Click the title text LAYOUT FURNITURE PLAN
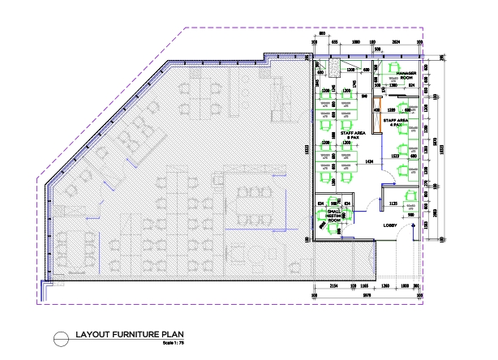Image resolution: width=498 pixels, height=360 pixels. (126, 333)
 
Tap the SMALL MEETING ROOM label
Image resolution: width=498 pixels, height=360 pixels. (333, 215)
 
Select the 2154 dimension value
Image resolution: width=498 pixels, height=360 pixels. (333, 288)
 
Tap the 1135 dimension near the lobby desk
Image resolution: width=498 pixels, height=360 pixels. (393, 203)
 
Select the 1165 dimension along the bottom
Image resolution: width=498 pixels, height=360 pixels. (364, 288)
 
